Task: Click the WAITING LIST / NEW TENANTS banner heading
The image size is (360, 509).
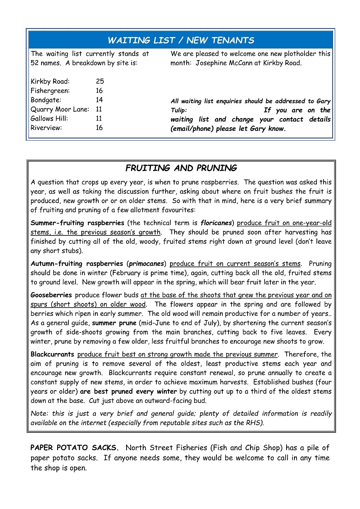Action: point(180,40)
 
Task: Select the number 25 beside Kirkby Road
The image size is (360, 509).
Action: point(100,82)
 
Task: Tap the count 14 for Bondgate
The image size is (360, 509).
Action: point(100,100)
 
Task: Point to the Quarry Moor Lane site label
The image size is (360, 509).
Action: point(60,109)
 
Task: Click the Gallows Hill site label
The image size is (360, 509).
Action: point(49,119)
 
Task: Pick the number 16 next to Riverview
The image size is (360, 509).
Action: point(100,128)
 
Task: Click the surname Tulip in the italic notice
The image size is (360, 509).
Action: point(179,110)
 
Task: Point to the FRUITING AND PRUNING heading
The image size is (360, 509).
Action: point(181,168)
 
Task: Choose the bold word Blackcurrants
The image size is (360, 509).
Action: point(52,354)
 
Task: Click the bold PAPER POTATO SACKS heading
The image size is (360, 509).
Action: point(75,448)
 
